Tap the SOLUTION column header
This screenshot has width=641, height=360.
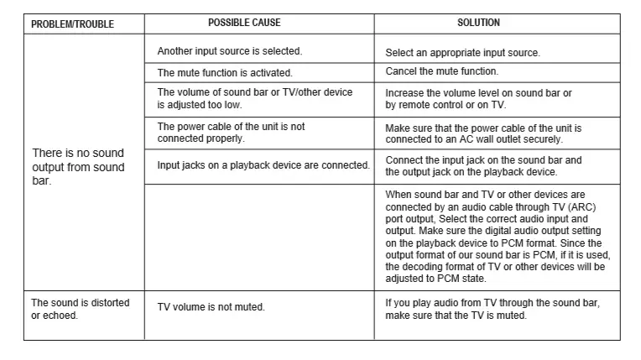[478, 23]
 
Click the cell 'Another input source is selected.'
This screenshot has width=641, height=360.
[230, 52]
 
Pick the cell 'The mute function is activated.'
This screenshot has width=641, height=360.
[225, 73]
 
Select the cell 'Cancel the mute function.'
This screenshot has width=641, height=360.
[441, 71]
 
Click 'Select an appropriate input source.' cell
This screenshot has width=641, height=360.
[462, 53]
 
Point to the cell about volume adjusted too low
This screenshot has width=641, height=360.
[255, 98]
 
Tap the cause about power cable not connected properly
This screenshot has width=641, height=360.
[232, 133]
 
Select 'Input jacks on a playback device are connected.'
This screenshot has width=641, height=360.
[263, 165]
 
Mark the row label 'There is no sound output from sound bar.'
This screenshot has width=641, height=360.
[78, 166]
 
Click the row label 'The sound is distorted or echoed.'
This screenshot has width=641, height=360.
[80, 308]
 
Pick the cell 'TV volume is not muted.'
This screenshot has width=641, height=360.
[211, 307]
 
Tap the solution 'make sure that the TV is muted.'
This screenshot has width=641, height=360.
[456, 316]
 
